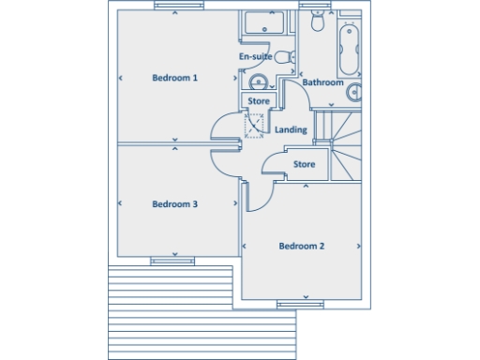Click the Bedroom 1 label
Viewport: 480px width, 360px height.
174,78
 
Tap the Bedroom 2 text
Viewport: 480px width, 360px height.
301,247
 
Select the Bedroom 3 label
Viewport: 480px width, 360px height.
174,204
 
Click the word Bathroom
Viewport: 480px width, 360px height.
323,82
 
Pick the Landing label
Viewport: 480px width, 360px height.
290,129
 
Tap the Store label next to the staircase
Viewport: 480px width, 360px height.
304,164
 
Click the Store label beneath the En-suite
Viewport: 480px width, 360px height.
259,101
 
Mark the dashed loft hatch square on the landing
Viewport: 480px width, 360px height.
255,126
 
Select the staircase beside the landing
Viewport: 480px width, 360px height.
342,141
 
